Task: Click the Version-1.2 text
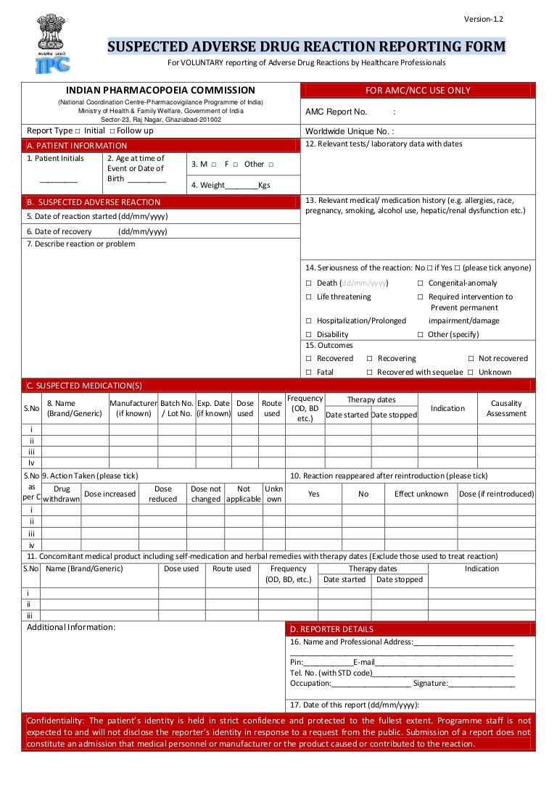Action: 484,19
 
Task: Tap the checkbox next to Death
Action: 308,283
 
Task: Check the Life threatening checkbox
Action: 308,297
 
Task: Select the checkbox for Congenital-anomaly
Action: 421,283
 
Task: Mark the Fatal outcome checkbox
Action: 308,373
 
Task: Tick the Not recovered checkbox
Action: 471,359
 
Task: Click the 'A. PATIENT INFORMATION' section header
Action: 76,146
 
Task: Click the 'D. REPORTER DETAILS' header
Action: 331,629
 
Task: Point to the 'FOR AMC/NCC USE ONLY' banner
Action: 418,91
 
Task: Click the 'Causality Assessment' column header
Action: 506,408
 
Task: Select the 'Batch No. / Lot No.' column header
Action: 176,408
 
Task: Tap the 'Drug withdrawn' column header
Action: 62,494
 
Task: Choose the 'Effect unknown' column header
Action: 421,494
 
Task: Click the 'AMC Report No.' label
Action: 336,112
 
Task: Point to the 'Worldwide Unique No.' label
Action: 349,131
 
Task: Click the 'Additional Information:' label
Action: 71,627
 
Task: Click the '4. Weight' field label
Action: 207,185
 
